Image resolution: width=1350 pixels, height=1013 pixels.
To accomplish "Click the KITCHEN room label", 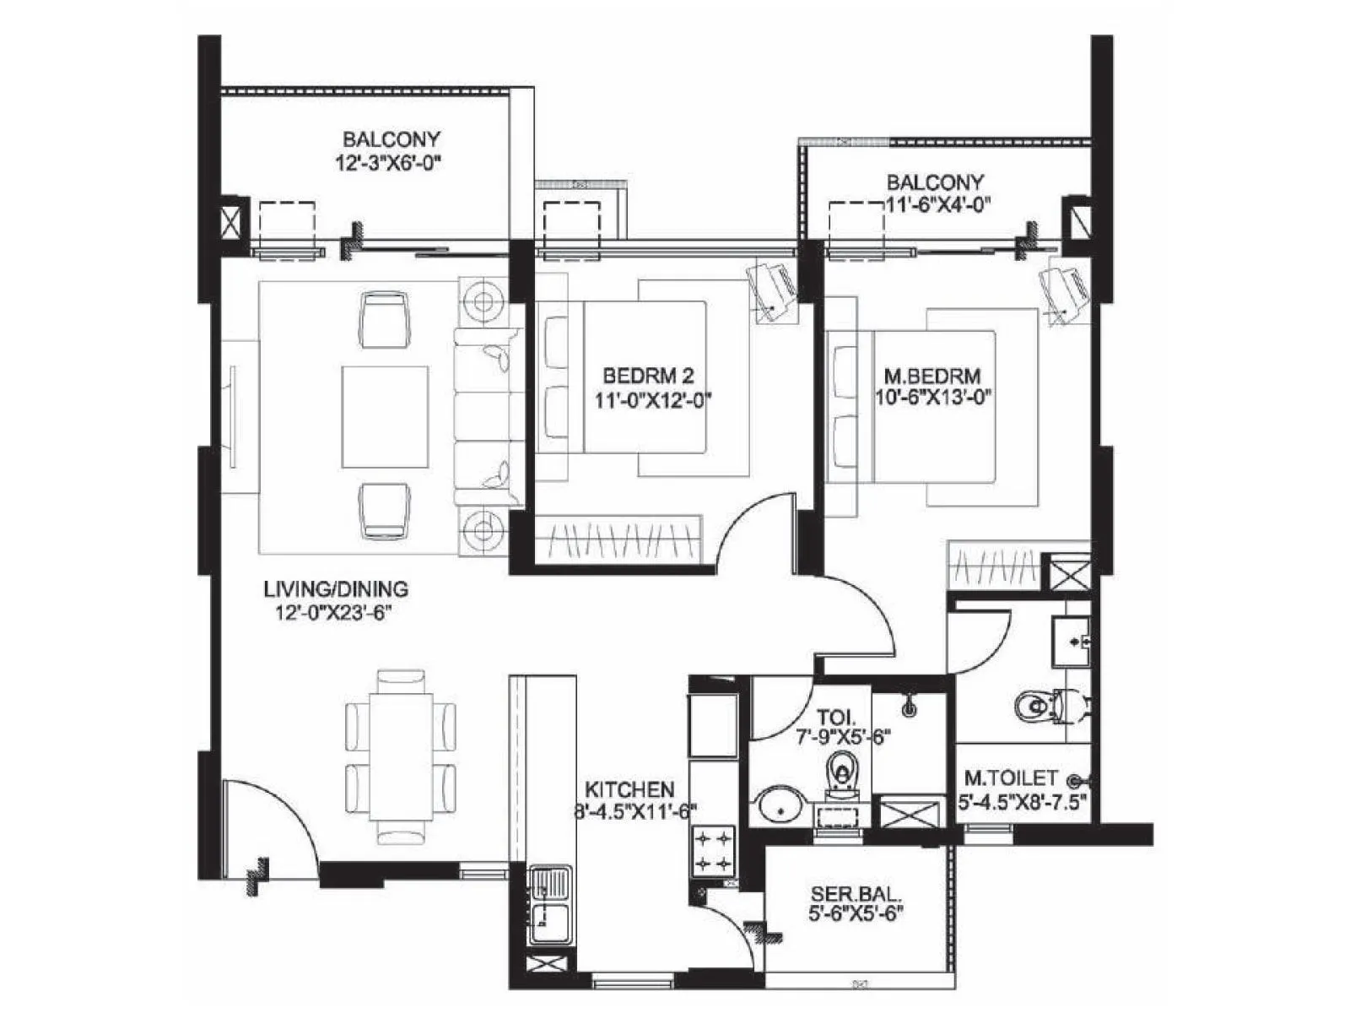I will coord(629,789).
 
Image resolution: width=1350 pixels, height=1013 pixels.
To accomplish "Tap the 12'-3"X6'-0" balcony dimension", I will coord(391,160).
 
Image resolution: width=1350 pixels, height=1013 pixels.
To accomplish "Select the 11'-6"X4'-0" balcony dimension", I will coord(936,203).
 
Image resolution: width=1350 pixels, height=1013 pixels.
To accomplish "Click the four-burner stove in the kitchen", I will coord(713,851).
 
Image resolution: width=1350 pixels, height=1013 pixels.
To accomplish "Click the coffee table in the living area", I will coord(385,416).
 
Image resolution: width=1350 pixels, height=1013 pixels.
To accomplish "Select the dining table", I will coord(401,757).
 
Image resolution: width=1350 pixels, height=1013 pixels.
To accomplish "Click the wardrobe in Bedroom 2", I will coord(618,539).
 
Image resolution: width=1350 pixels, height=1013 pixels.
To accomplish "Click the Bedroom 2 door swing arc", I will coord(755,528).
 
